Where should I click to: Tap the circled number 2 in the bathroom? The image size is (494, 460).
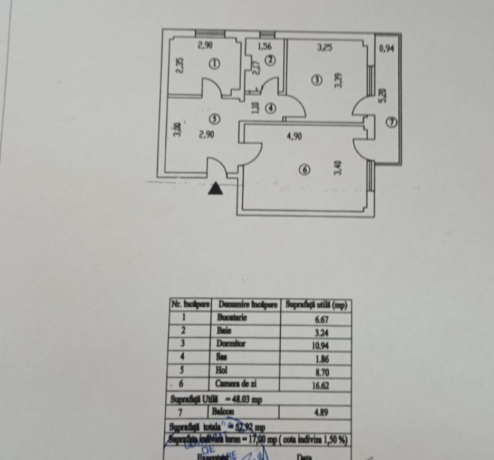(x=270, y=60)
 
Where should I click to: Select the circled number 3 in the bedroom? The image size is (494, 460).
(x=317, y=80)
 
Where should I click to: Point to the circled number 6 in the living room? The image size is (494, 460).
(x=305, y=170)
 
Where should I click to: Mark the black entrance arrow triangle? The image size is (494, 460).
(x=216, y=189)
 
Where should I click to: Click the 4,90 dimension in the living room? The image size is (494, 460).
(x=294, y=137)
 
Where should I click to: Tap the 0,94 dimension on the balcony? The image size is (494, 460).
(x=387, y=48)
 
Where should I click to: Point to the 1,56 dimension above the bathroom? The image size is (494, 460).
(x=265, y=46)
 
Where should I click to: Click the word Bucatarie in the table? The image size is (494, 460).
(x=232, y=318)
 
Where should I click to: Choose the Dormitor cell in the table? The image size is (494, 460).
(x=232, y=344)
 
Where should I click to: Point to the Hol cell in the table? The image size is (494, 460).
(x=222, y=370)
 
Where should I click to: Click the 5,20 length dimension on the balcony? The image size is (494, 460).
(x=383, y=95)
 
